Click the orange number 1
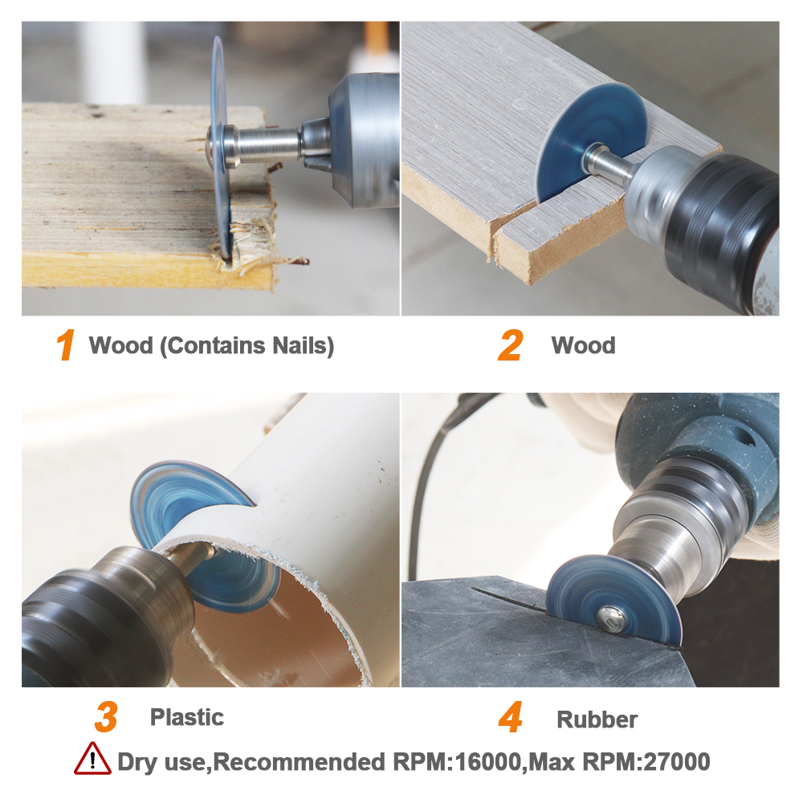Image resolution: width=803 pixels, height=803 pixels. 66,345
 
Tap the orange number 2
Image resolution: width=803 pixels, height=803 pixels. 511,345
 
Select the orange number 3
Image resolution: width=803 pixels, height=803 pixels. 107,717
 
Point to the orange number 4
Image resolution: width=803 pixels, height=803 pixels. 511,717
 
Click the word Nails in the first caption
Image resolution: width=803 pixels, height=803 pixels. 303,345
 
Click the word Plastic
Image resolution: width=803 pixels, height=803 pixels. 187,717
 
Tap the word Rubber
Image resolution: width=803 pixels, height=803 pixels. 597,719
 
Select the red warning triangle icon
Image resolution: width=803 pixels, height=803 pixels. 92,760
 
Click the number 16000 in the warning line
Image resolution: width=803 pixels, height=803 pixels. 487,762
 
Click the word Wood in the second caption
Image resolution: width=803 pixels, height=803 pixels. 583,345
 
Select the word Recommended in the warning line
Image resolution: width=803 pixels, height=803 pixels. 299,762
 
